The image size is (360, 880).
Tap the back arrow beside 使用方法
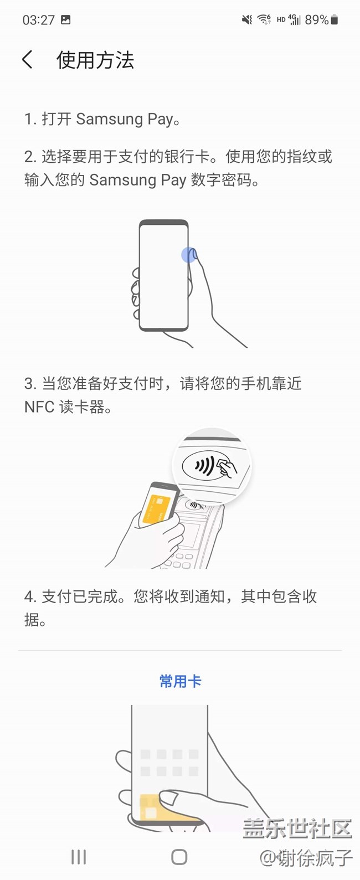pyautogui.click(x=27, y=60)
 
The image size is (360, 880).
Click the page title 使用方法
pyautogui.click(x=95, y=60)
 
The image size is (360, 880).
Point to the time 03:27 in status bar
pyautogui.click(x=39, y=19)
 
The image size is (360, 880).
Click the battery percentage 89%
pyautogui.click(x=316, y=19)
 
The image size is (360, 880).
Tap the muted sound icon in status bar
pyautogui.click(x=247, y=19)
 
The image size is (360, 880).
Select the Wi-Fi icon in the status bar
pyautogui.click(x=264, y=19)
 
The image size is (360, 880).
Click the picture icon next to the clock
pyautogui.click(x=66, y=19)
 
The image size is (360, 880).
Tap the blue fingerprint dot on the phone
pyautogui.click(x=188, y=255)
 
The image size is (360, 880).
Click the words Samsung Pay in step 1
pyautogui.click(x=125, y=119)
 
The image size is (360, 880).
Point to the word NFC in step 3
pyautogui.click(x=39, y=406)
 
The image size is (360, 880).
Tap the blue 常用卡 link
pyautogui.click(x=181, y=681)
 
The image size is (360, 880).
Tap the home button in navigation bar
pyautogui.click(x=179, y=856)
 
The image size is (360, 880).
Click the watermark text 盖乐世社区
pyautogui.click(x=297, y=828)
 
